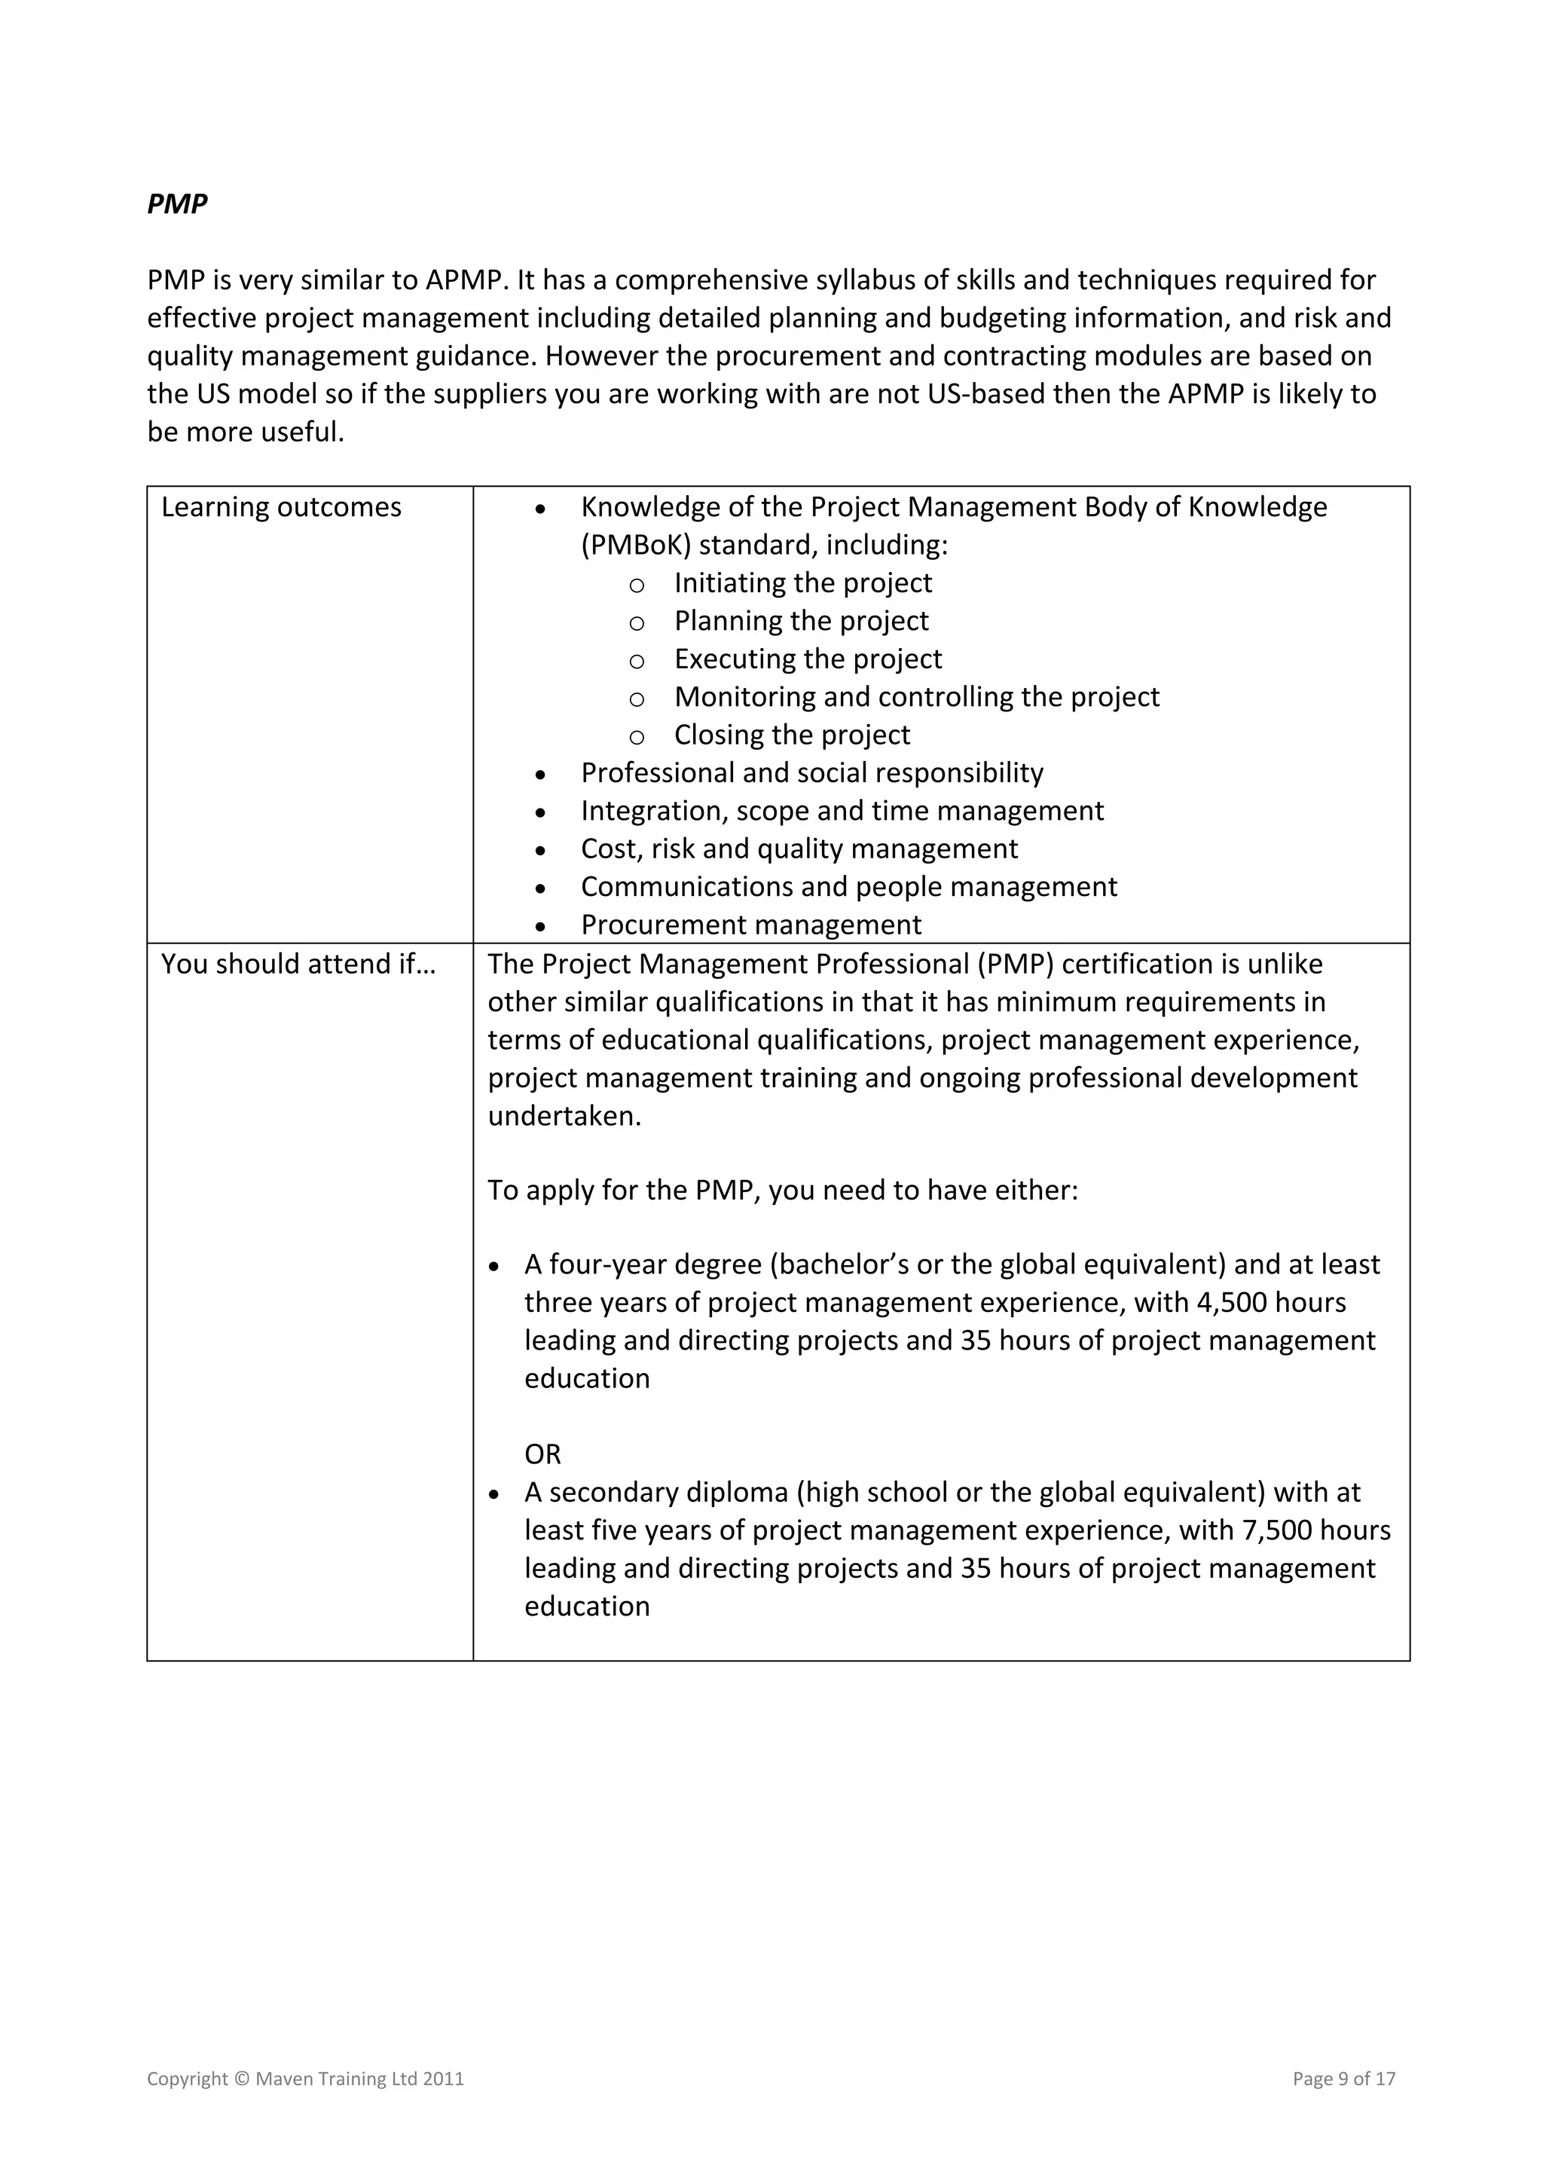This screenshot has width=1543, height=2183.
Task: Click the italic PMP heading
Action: pos(177,204)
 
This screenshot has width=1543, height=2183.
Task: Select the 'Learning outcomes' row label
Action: pos(282,507)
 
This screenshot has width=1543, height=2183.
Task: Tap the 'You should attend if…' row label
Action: pos(298,963)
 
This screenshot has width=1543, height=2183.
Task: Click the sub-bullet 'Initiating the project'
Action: pos(802,582)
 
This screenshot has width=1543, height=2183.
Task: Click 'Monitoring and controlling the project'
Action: pos(916,697)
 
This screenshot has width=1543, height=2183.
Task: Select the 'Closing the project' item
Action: pos(791,735)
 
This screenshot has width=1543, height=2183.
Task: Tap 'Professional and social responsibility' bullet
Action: pos(812,773)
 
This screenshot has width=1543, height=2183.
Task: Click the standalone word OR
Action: pos(543,1454)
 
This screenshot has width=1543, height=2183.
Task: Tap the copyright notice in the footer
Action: pos(305,2078)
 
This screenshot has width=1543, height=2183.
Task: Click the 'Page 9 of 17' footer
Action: pos(1343,2078)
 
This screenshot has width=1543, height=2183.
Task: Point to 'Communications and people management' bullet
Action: pos(848,886)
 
